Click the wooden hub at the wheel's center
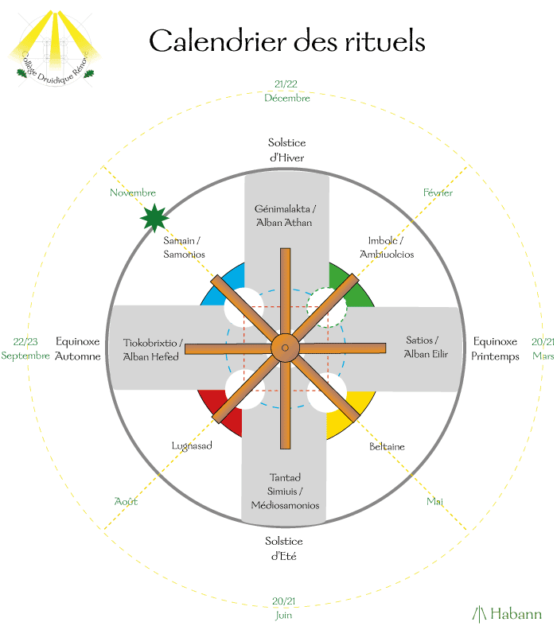click(x=284, y=347)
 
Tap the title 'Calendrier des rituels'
click(x=287, y=41)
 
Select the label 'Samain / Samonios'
click(x=185, y=247)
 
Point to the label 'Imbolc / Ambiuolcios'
click(x=387, y=247)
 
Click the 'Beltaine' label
click(x=387, y=447)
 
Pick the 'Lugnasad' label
click(x=192, y=445)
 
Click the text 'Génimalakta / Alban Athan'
click(x=285, y=216)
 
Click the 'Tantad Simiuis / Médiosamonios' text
click(x=284, y=491)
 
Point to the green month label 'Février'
click(x=438, y=193)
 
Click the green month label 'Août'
click(x=126, y=501)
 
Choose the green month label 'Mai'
click(x=434, y=501)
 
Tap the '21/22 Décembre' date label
click(x=287, y=91)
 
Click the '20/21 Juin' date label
click(x=283, y=608)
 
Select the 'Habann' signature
click(x=507, y=613)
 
